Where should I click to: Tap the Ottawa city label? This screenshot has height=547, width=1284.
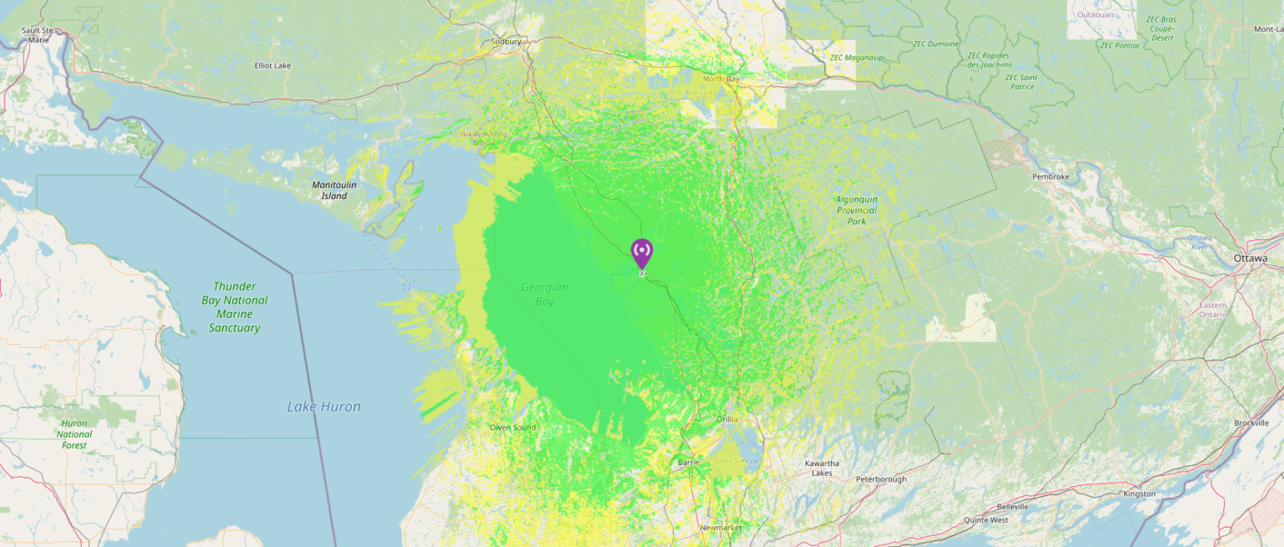click(x=1250, y=258)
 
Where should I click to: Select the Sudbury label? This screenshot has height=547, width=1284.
click(x=507, y=41)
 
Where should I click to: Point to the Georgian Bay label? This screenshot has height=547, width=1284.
click(x=544, y=294)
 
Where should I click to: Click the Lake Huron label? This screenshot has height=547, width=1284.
click(x=324, y=406)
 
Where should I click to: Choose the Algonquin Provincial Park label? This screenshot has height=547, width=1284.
click(x=857, y=210)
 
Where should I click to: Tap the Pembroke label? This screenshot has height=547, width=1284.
click(x=1051, y=176)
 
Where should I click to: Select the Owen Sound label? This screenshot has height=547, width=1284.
click(x=512, y=427)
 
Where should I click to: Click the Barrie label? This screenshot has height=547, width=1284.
click(x=688, y=462)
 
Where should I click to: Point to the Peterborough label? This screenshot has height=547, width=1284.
click(x=881, y=479)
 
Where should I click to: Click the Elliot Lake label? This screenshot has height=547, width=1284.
click(x=273, y=65)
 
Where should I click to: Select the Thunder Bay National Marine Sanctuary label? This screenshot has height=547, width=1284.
click(x=234, y=307)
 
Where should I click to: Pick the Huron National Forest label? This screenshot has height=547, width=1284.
click(x=74, y=434)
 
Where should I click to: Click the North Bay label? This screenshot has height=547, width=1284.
click(x=721, y=79)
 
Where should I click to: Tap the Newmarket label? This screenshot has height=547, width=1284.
click(x=721, y=528)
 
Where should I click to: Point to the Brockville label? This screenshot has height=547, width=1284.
click(x=1251, y=423)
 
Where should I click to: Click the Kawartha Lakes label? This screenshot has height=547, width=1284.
click(x=822, y=468)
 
